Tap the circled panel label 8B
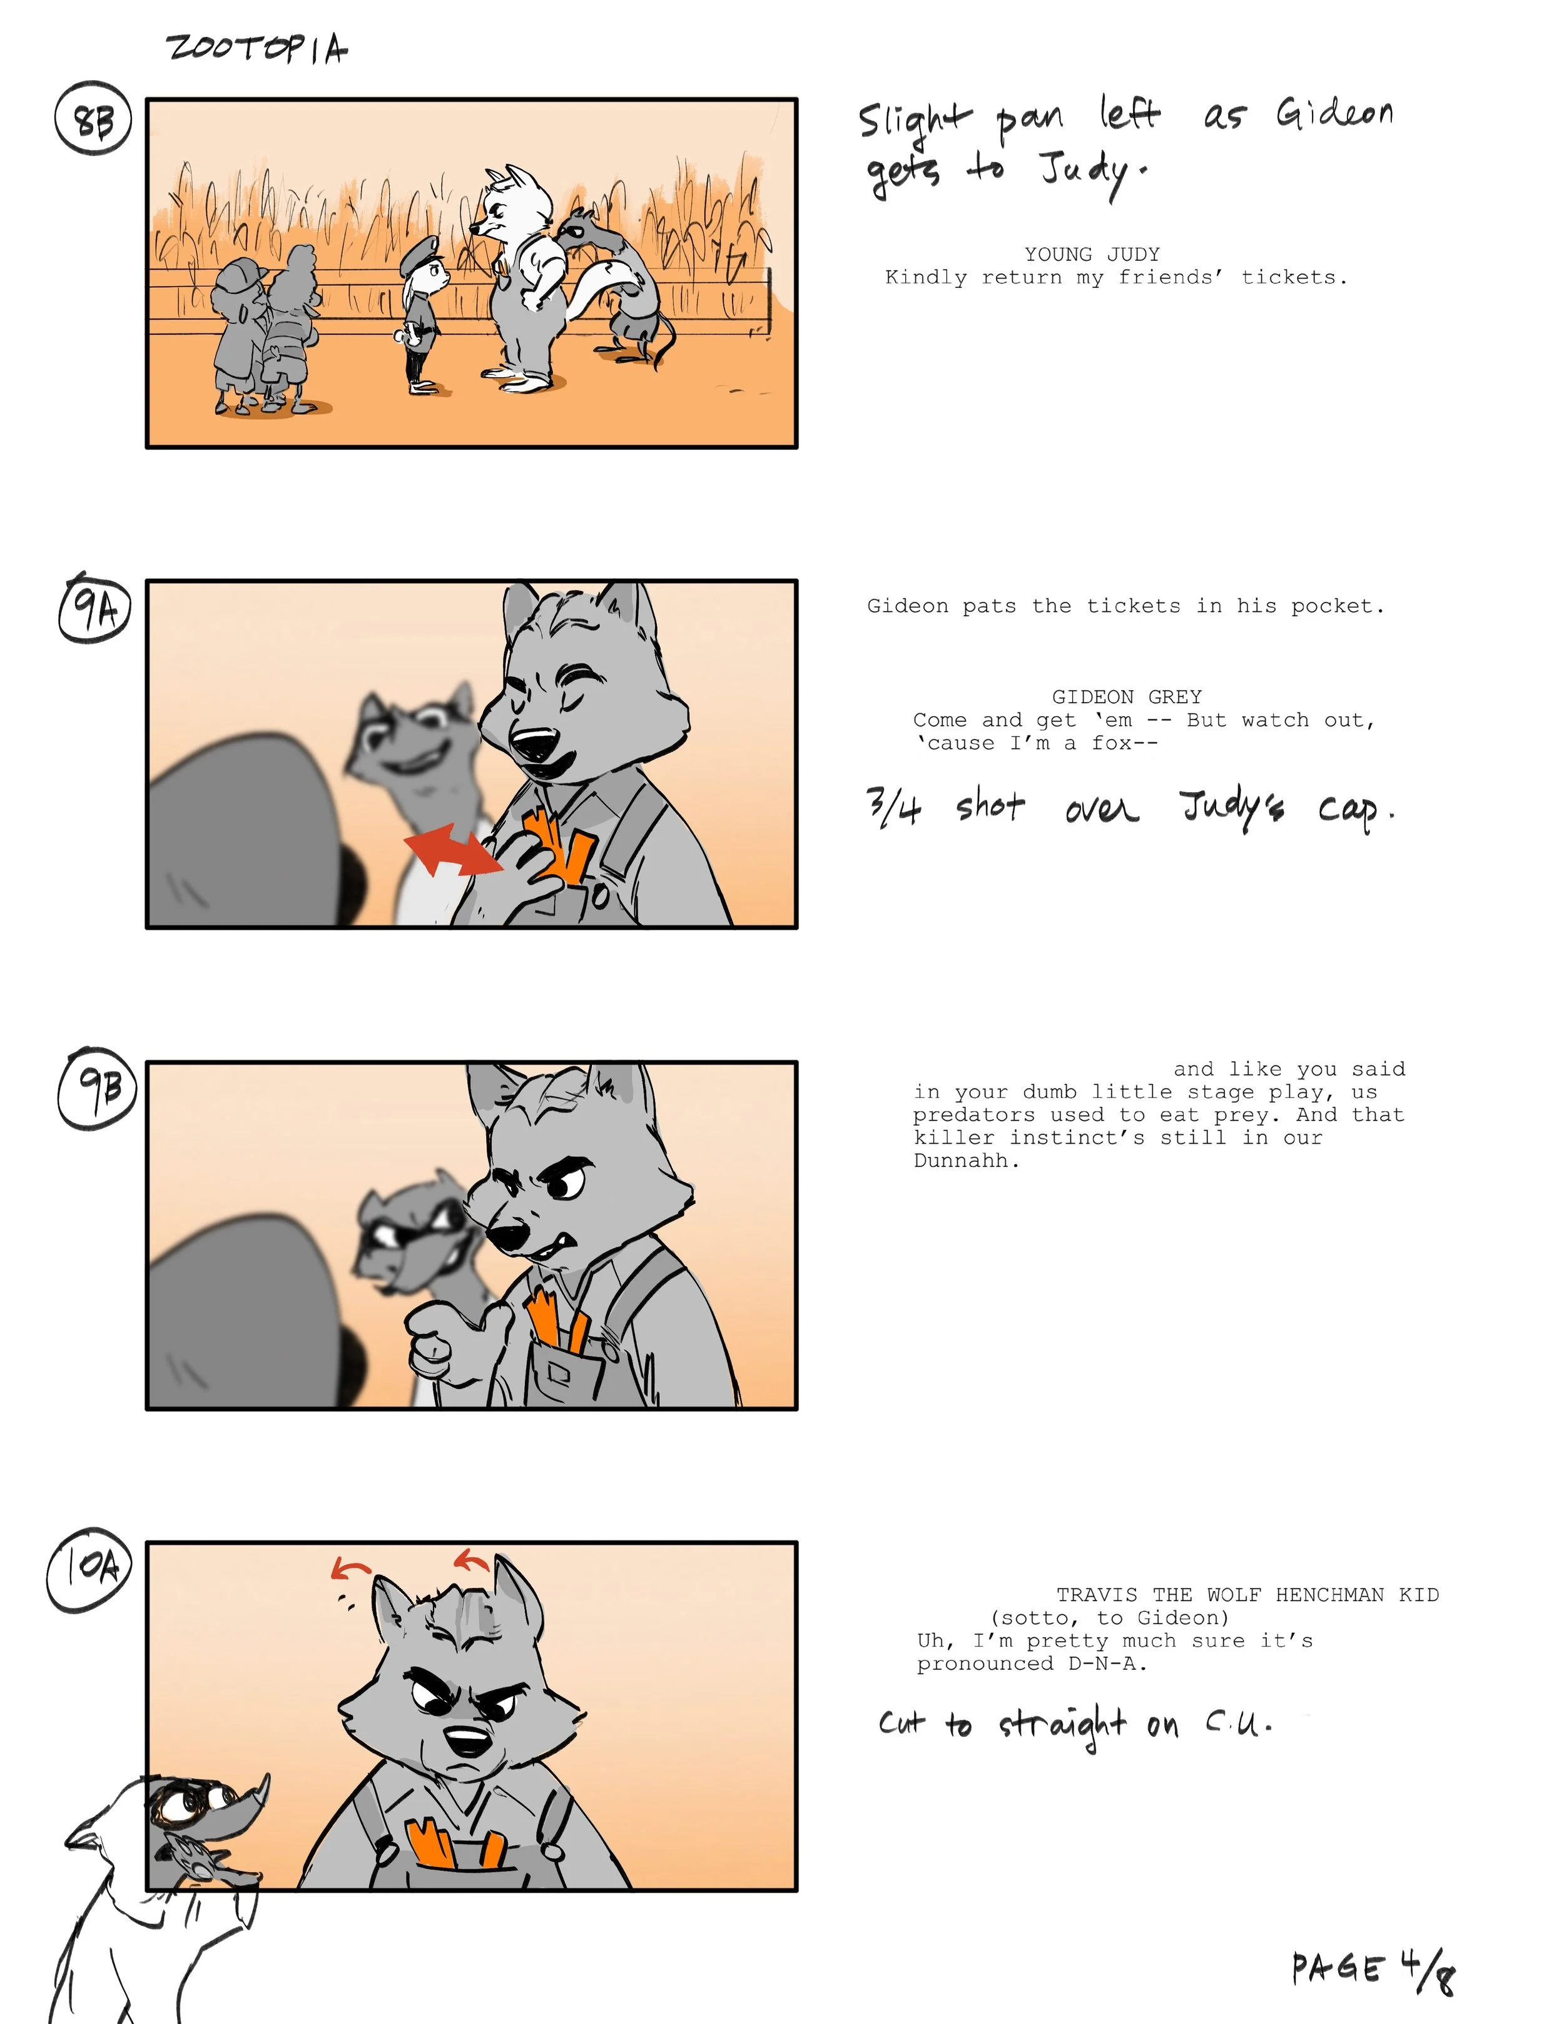(x=93, y=120)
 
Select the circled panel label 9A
(x=94, y=609)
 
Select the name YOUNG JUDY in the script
(x=1092, y=254)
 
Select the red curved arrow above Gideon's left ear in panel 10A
(x=350, y=1568)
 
